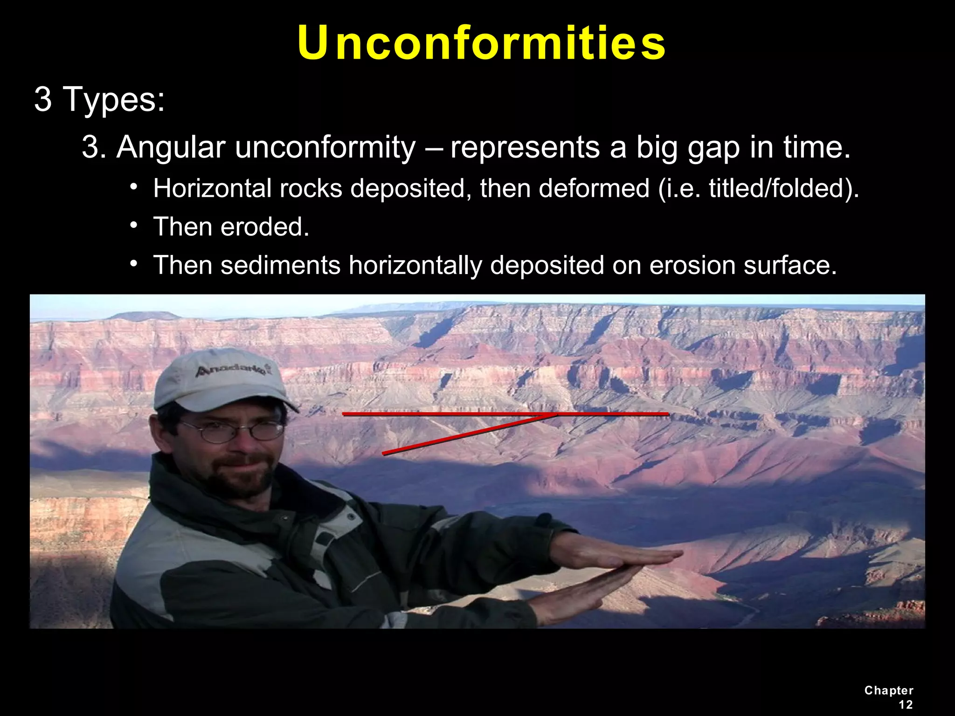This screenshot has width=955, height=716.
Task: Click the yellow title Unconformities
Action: click(x=481, y=43)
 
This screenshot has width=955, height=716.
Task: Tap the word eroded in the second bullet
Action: click(x=264, y=227)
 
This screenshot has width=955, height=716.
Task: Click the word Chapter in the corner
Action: click(x=888, y=690)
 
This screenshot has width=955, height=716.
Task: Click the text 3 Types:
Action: click(x=99, y=99)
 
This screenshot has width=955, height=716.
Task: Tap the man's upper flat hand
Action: click(x=620, y=555)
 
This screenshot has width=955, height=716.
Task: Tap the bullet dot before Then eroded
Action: click(x=134, y=226)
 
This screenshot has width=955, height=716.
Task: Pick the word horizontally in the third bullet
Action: click(x=415, y=265)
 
